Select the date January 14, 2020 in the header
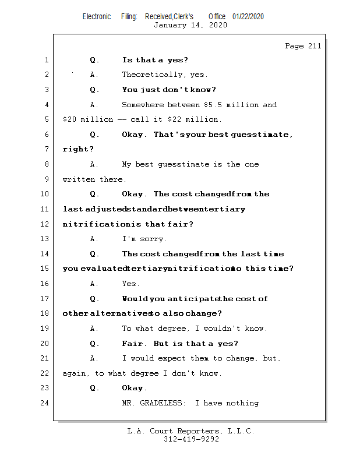click(x=190, y=25)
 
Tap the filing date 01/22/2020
click(x=248, y=16)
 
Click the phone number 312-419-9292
click(x=191, y=439)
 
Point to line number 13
click(x=46, y=239)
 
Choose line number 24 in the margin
click(x=46, y=403)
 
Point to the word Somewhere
click(x=143, y=105)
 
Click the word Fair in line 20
click(x=132, y=344)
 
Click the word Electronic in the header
click(x=97, y=16)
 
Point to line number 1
click(x=46, y=60)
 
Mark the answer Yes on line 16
click(x=130, y=284)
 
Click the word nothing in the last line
click(x=242, y=403)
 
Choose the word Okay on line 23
click(x=134, y=389)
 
